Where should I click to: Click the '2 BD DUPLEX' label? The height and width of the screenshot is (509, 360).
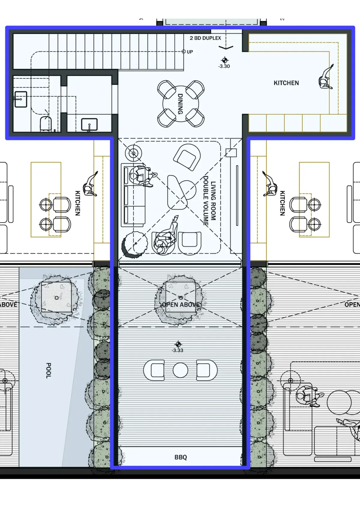coord(205,38)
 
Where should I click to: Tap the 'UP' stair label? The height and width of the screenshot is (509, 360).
coord(190,52)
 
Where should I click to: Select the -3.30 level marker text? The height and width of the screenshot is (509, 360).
coord(224,66)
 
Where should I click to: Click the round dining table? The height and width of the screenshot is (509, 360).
coord(181,104)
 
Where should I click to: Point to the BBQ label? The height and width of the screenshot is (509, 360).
coord(181,457)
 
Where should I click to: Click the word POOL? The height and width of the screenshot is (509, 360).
coord(48,371)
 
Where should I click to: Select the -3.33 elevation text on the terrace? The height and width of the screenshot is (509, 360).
coord(177,350)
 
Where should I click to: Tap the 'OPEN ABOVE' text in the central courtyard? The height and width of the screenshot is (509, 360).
coord(181,305)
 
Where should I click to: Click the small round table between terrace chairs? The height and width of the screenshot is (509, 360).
coord(180,370)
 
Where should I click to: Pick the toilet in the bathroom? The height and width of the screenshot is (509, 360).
coord(46,124)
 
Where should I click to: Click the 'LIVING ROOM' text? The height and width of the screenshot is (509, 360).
coord(213,201)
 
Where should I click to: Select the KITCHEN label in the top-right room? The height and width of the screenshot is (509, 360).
coord(286,83)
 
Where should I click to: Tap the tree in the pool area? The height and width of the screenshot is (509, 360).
coord(56,298)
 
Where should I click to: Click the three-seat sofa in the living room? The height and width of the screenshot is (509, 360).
coord(133,195)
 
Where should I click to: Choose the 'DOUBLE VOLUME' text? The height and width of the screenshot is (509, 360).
coord(206,201)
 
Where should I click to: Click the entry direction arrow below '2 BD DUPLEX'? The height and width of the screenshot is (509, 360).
coord(226,47)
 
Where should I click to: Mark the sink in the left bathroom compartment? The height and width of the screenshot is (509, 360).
coord(21,99)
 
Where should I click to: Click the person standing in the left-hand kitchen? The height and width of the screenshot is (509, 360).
coord(91,184)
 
